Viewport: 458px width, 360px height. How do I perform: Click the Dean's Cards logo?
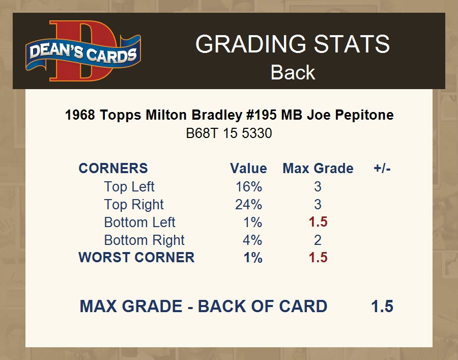click(x=83, y=51)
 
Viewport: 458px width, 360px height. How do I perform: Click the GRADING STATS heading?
click(x=293, y=44)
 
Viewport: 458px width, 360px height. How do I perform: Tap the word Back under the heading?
click(x=293, y=72)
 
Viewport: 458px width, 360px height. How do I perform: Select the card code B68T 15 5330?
click(x=229, y=133)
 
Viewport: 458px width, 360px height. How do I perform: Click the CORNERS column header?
click(x=113, y=169)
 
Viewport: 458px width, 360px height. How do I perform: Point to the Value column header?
click(x=248, y=169)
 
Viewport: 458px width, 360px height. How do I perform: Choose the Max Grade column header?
click(x=318, y=169)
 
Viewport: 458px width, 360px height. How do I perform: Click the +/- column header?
click(x=382, y=169)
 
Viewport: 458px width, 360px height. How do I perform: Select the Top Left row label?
click(x=129, y=187)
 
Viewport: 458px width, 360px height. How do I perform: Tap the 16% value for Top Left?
click(x=249, y=187)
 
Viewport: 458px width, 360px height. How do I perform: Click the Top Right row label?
click(x=134, y=205)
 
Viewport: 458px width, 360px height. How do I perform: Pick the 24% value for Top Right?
click(x=248, y=205)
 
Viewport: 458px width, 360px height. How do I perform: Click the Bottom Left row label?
click(x=139, y=223)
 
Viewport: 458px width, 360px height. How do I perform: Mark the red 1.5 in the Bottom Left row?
click(x=318, y=222)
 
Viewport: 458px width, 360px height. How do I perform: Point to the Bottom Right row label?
click(x=145, y=240)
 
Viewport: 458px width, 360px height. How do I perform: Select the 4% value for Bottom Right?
click(x=252, y=240)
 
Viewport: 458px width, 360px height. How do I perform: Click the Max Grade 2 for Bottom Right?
click(x=318, y=240)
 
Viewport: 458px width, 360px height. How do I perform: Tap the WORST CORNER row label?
click(x=136, y=258)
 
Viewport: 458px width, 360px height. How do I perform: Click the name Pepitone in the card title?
click(x=364, y=115)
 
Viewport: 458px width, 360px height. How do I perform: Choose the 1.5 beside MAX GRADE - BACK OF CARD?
click(x=382, y=307)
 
